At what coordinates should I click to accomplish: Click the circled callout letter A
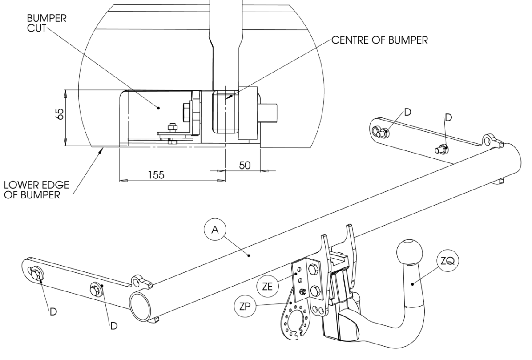click(215, 230)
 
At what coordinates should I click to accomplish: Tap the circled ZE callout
click(267, 286)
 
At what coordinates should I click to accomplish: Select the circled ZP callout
click(245, 307)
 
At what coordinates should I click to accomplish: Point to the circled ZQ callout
click(447, 261)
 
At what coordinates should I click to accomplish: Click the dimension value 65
click(59, 113)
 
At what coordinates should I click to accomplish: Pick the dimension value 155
click(156, 175)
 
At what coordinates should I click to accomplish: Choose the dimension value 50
click(245, 165)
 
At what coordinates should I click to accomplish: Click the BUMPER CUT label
click(47, 23)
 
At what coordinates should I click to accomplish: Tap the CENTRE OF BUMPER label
click(379, 40)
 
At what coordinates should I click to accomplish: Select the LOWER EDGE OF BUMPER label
click(36, 190)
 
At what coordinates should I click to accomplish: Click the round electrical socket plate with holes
click(295, 321)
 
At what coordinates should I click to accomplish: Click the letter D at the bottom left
click(53, 312)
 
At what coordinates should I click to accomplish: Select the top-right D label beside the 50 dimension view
click(448, 117)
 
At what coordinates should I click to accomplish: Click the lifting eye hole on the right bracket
click(488, 139)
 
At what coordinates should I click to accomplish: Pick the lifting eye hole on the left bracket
click(136, 282)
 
